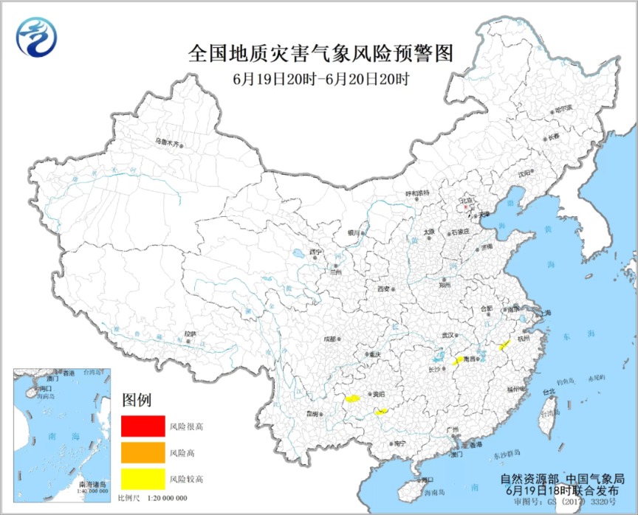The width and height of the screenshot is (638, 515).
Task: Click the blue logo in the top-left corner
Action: [37, 36]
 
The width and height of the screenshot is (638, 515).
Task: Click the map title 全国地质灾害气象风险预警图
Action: [319, 54]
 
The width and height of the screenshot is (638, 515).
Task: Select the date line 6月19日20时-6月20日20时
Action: [319, 77]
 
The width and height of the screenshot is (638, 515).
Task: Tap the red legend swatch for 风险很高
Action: [143, 426]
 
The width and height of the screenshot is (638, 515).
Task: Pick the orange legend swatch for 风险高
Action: [143, 452]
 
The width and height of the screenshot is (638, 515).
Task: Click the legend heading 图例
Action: [136, 401]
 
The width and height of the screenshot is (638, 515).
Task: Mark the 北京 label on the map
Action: [466, 200]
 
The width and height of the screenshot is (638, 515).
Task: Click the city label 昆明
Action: [312, 414]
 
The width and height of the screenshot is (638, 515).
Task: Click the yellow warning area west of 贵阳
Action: [353, 399]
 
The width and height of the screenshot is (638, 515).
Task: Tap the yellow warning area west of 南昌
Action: [459, 359]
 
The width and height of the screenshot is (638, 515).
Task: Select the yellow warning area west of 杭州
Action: [504, 345]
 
